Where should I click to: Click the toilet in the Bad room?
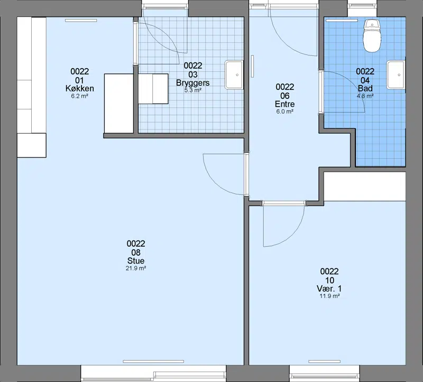(372, 36)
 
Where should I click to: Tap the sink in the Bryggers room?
(234, 74)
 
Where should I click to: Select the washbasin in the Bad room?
(396, 74)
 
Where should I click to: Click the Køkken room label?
(80, 88)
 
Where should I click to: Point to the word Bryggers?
(193, 82)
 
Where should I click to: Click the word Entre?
(284, 104)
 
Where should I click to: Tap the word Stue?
(136, 260)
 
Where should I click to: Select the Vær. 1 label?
(329, 288)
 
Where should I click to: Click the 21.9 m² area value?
(136, 268)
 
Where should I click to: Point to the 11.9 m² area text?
(329, 296)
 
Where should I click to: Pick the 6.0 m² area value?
(284, 111)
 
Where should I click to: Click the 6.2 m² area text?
(80, 96)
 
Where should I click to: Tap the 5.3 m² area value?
(193, 90)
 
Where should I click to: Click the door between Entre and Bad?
(342, 91)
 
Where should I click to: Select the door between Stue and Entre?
(225, 174)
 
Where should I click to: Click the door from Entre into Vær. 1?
(284, 223)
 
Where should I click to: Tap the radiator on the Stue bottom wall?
(153, 361)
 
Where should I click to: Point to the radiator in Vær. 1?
(324, 361)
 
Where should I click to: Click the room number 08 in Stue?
(136, 253)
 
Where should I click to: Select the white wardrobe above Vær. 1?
(365, 187)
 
